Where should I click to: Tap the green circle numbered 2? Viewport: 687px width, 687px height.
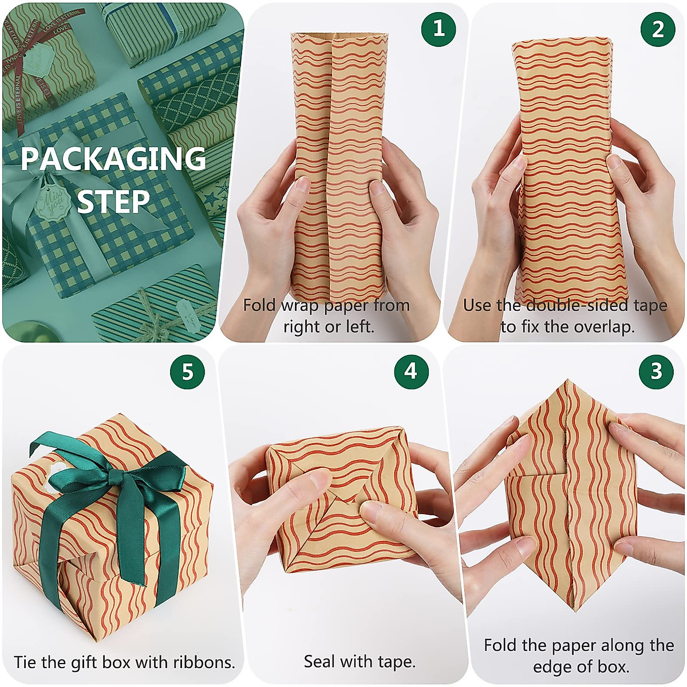[658, 29]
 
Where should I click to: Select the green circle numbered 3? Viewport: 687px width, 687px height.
[656, 372]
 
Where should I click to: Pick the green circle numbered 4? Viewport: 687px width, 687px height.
[411, 372]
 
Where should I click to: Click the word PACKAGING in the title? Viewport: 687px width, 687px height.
[113, 159]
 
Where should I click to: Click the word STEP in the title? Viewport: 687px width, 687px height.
[113, 202]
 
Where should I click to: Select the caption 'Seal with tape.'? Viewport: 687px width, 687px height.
[360, 662]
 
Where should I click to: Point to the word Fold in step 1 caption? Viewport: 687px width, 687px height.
[259, 305]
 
